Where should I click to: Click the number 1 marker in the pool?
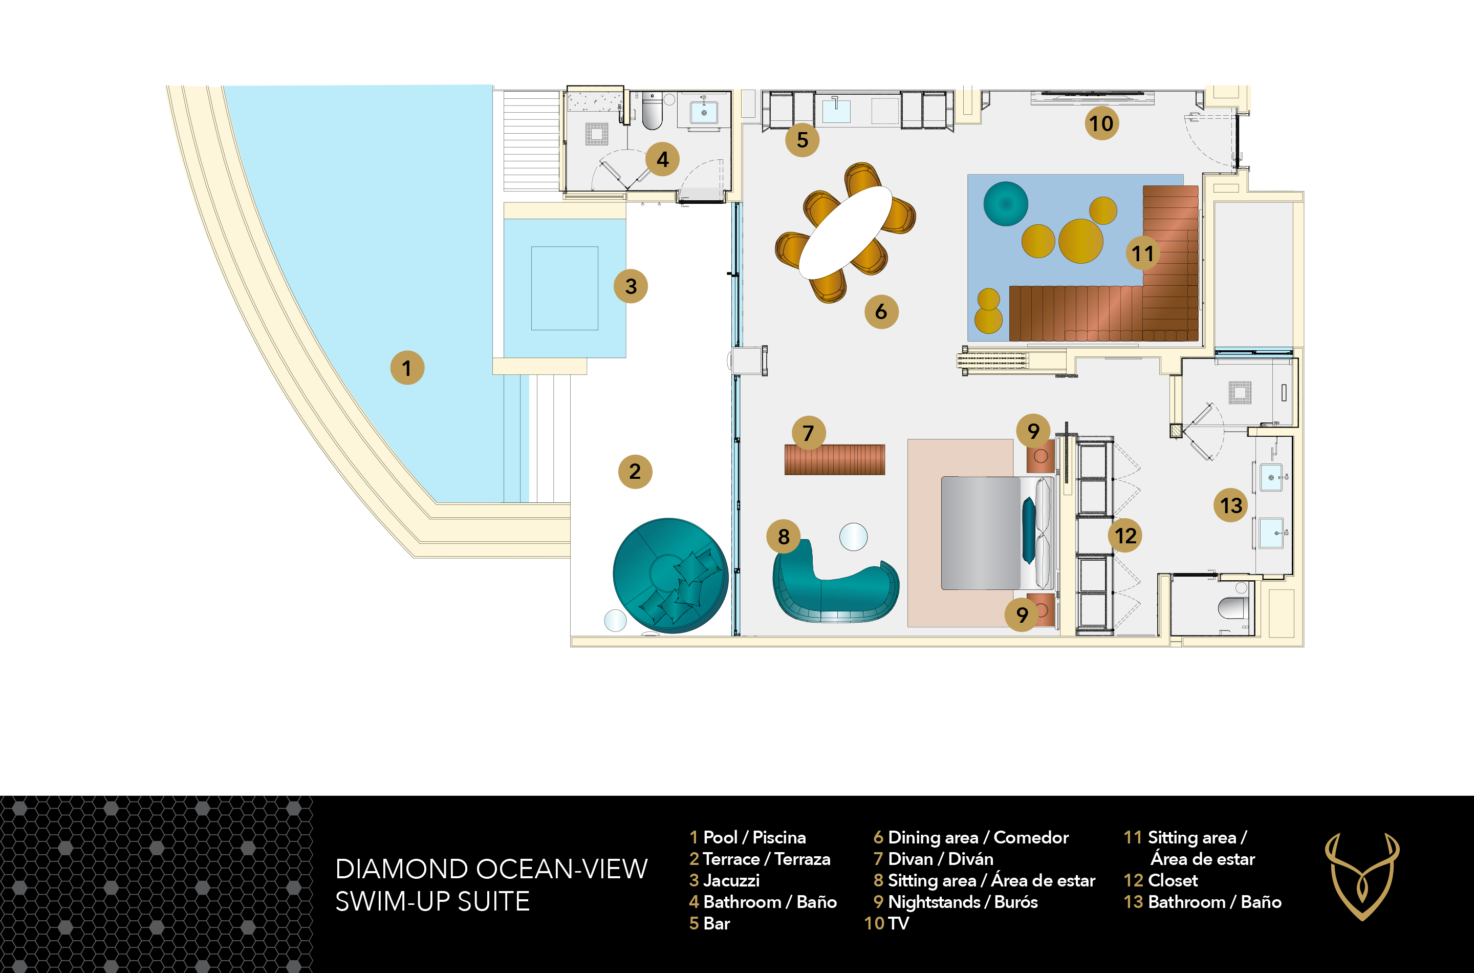pos(407,368)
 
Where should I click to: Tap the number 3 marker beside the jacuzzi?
pos(631,286)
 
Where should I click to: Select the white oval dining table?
pos(844,232)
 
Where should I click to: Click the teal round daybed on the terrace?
pos(670,575)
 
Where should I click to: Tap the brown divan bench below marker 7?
pos(835,459)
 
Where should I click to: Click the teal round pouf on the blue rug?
pos(1005,203)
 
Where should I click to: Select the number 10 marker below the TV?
pos(1101,123)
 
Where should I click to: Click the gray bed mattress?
pos(981,533)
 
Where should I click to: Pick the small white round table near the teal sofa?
pos(853,537)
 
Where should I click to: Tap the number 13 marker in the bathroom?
pos(1231,505)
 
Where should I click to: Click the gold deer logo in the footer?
pos(1362,877)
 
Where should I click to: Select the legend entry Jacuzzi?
pos(724,880)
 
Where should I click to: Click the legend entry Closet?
pos(1161,880)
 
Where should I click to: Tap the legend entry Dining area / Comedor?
pos(971,838)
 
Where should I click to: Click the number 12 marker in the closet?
pos(1125,536)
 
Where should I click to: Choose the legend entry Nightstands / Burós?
pos(956,902)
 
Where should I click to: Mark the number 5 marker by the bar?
pos(803,140)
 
